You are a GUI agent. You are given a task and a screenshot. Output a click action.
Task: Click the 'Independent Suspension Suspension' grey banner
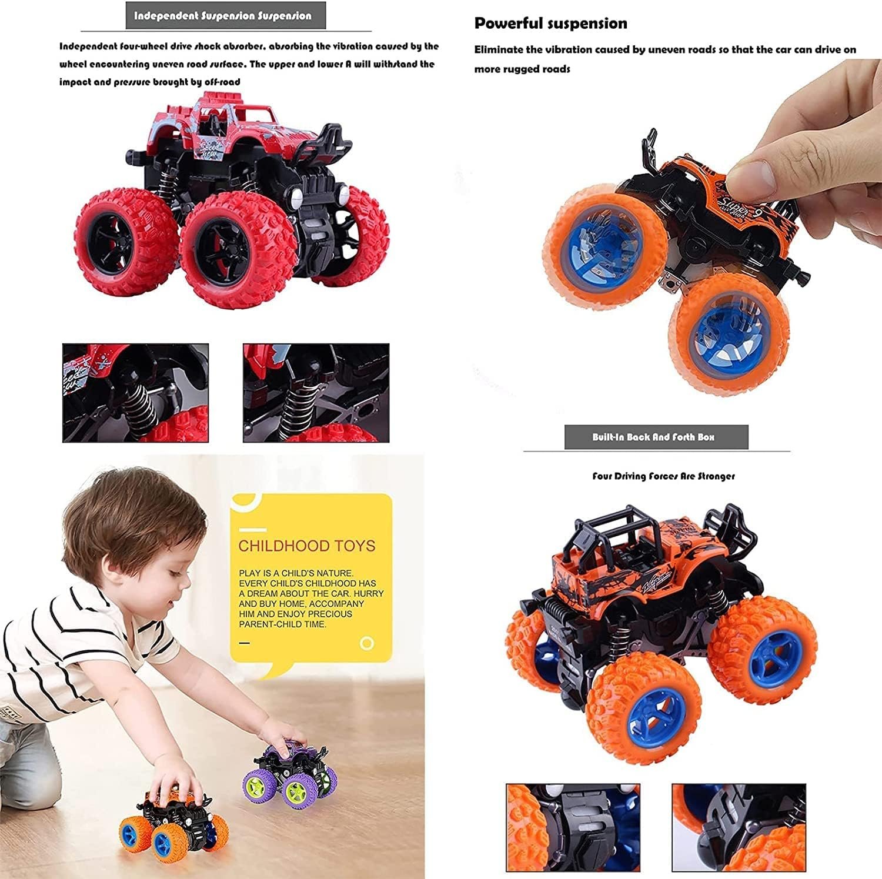(226, 16)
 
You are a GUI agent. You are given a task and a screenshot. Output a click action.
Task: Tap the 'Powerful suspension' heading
(550, 24)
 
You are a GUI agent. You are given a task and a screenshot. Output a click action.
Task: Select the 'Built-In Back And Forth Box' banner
(656, 437)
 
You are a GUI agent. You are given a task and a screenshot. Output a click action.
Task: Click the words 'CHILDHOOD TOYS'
(306, 546)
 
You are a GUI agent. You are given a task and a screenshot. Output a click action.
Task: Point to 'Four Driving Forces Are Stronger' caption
(663, 476)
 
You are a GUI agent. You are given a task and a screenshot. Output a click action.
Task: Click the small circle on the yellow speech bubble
(367, 643)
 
